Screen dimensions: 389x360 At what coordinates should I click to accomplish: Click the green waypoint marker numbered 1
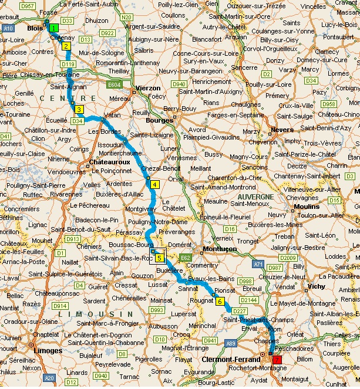coord(54,28)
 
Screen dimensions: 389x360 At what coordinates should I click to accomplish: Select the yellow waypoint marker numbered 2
coord(66,46)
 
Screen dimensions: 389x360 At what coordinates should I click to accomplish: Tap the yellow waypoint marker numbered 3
coord(78,109)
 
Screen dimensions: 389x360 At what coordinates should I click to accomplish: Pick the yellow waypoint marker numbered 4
coord(154,184)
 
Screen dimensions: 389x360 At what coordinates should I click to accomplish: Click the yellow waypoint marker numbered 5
coord(159,256)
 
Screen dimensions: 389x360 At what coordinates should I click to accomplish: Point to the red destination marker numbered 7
coord(277,360)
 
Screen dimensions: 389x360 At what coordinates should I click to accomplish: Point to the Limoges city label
coord(49,350)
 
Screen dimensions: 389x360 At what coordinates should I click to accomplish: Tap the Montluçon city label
coord(219,249)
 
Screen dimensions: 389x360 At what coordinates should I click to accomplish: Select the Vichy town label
coord(316,286)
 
